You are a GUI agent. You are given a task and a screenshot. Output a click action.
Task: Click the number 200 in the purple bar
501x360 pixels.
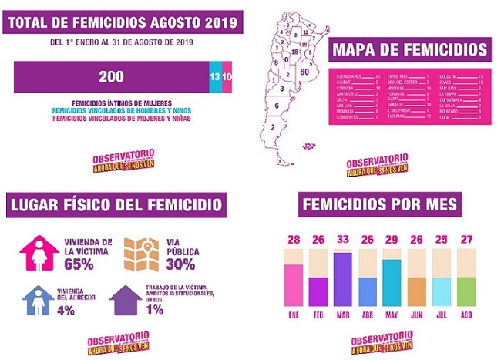tap(111, 76)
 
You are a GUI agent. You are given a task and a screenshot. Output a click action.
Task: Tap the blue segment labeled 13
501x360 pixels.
tap(214, 76)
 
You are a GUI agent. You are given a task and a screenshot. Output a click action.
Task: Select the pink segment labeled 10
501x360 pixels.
tap(227, 76)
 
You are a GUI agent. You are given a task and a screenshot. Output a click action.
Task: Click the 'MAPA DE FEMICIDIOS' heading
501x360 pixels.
tap(409, 50)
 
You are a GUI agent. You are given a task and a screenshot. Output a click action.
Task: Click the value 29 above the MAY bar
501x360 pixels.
tap(391, 240)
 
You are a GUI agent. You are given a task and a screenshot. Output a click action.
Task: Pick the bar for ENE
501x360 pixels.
tap(293, 284)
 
